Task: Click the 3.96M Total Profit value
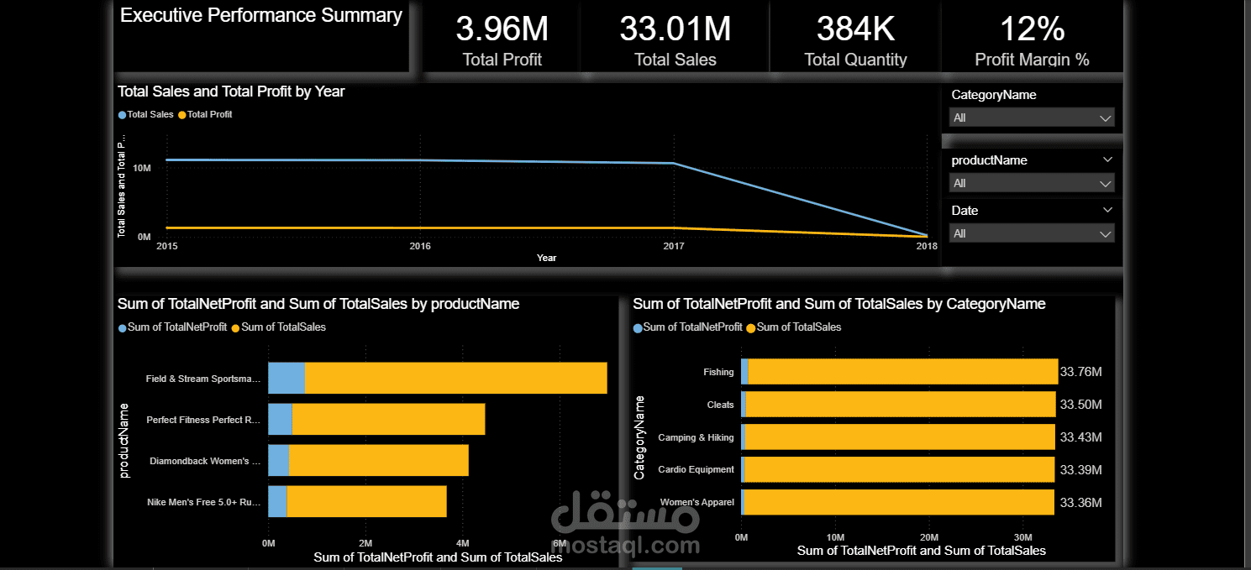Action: [x=502, y=29]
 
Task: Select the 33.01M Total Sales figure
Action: [x=675, y=29]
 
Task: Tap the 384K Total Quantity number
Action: [x=855, y=29]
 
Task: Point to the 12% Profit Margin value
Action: [x=1032, y=29]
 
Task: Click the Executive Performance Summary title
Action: [x=261, y=15]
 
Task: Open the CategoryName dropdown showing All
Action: [x=1032, y=118]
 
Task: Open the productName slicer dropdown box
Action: [x=1032, y=183]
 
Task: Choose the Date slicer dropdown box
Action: [x=1032, y=233]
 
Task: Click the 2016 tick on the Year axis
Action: [x=420, y=246]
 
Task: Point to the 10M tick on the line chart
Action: [x=142, y=168]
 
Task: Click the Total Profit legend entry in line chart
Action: [x=209, y=114]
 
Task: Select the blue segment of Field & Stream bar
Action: [x=286, y=378]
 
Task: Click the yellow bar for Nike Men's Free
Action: [x=365, y=501]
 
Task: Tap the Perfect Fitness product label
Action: [x=203, y=420]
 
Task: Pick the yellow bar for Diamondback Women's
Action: [x=378, y=460]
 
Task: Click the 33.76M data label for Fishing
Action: [x=1080, y=372]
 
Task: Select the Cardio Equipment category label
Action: [x=696, y=469]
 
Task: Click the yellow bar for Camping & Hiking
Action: [x=899, y=437]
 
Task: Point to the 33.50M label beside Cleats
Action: [x=1080, y=405]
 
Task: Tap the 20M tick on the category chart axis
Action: [x=929, y=537]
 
